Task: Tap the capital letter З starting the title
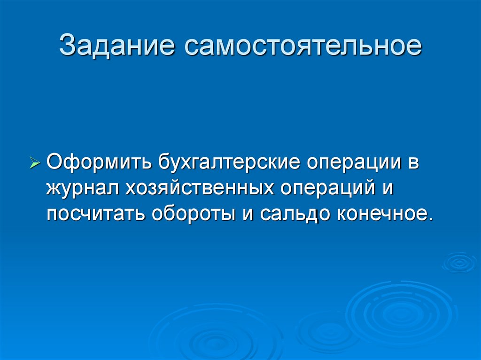(x=68, y=47)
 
